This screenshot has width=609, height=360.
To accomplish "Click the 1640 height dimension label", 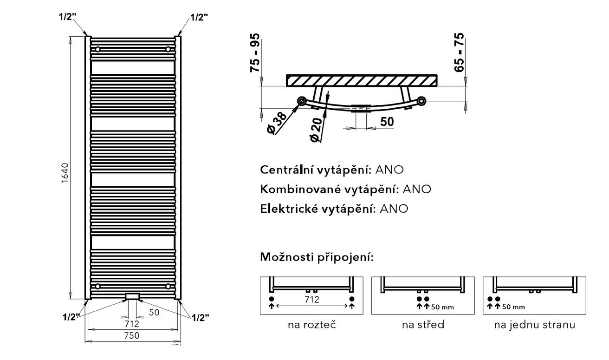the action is [65, 173].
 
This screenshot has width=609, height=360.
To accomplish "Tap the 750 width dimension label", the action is [132, 335].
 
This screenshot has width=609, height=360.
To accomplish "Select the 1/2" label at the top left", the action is [68, 17].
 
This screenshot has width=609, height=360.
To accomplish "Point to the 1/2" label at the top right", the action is [199, 17].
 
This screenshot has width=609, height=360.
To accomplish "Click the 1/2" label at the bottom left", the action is [71, 317].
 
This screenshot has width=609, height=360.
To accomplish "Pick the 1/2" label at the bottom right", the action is [201, 318].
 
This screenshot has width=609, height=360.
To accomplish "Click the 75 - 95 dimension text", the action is [255, 53].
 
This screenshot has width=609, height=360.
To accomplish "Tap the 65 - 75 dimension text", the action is [459, 52].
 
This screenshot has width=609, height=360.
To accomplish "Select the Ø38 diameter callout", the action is [277, 123].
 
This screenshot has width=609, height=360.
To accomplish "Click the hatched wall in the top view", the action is [362, 80].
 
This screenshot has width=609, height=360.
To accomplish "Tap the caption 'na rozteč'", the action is [312, 325].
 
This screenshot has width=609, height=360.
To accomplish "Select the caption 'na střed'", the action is [423, 325].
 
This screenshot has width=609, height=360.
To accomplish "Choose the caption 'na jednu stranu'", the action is [535, 325].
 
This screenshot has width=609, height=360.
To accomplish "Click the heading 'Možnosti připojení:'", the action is [317, 257].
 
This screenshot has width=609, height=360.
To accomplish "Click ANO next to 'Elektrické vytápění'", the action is [394, 209].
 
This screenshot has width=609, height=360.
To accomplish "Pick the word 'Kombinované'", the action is [300, 189].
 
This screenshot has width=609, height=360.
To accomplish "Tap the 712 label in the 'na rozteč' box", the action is [311, 299].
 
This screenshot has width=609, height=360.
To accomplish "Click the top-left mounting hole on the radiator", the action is [97, 49].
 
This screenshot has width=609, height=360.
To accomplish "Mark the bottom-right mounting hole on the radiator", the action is [168, 286].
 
